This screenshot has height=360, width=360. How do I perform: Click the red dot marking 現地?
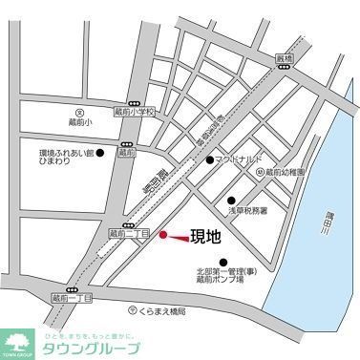pos(163,235)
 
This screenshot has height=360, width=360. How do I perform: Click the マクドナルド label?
pos(238,159)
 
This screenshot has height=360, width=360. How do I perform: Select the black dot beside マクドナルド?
pos(210,160)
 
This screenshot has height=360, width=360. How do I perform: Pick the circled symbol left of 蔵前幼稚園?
pos(259,172)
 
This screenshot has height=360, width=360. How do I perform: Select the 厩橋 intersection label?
pos(281,59)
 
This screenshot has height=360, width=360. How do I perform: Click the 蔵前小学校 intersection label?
pos(135,112)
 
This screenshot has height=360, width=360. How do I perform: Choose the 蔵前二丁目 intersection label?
pos(127,232)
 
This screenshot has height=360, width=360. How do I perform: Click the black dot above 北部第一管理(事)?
pos(223,263)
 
